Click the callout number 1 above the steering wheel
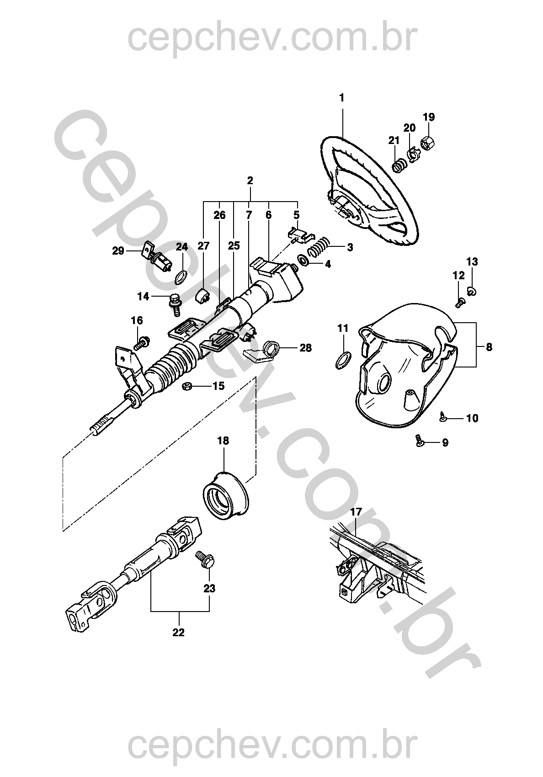click(342, 98)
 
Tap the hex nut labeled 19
click(427, 144)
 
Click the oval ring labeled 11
click(343, 359)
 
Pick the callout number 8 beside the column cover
click(489, 347)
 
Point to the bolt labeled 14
click(175, 303)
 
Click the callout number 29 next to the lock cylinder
click(118, 251)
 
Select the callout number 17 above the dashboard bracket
click(356, 511)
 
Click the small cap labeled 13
click(472, 291)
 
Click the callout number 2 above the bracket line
click(250, 181)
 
